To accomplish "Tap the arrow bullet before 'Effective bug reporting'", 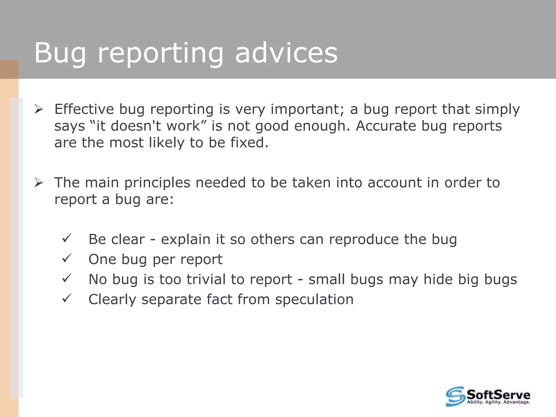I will click(39, 110).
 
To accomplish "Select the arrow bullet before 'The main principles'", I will click(39, 183).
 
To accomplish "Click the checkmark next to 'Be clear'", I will click(67, 239).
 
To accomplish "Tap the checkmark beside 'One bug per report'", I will click(67, 258).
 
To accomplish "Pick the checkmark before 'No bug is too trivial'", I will click(67, 279).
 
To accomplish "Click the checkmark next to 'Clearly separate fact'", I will click(67, 299).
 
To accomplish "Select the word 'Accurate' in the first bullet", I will click(386, 126).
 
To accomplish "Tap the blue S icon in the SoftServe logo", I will click(455, 396).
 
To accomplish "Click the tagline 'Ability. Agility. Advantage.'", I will click(498, 402).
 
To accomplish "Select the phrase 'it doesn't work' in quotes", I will click(148, 126).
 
